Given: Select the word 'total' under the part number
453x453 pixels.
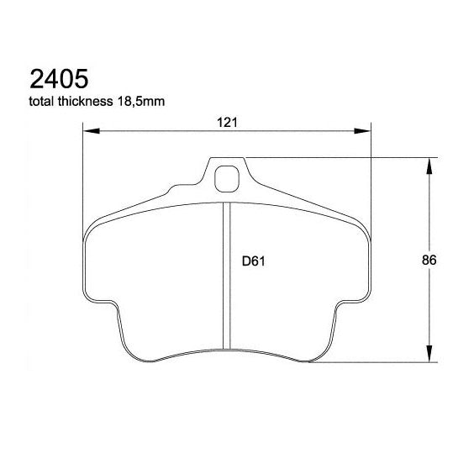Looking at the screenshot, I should tap(44, 103).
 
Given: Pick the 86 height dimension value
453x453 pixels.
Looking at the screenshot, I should tap(428, 261).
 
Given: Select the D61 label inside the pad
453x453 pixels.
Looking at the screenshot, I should tap(254, 261).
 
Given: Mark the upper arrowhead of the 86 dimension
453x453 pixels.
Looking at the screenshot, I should tap(429, 166).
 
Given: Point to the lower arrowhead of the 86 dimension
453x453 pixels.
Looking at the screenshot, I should tap(429, 355).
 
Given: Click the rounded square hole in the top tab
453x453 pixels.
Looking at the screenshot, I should tap(227, 178).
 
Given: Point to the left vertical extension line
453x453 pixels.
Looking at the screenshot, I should tap(84, 176).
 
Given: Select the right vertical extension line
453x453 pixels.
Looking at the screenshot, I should tap(370, 176).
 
